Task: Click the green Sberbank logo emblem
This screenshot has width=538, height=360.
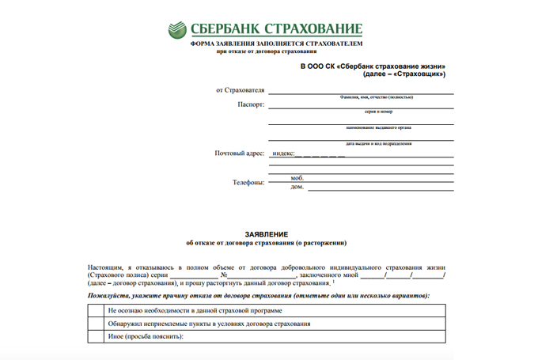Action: pyautogui.click(x=177, y=30)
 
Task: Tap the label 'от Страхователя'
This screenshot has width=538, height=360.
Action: pyautogui.click(x=240, y=90)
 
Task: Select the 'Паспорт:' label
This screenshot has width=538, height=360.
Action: pyautogui.click(x=251, y=104)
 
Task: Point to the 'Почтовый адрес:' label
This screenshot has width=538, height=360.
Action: pyautogui.click(x=239, y=153)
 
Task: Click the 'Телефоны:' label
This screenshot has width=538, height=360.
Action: pyautogui.click(x=248, y=182)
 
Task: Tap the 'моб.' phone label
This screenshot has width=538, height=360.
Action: pyautogui.click(x=297, y=178)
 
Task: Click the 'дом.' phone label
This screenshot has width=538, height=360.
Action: pyautogui.click(x=297, y=187)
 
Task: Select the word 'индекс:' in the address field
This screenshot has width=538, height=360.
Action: pyautogui.click(x=283, y=153)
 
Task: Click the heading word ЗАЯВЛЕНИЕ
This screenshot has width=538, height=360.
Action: pyautogui.click(x=266, y=234)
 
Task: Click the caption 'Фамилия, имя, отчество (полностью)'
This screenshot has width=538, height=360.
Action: pyautogui.click(x=370, y=97)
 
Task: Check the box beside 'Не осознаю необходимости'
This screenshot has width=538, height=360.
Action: pyautogui.click(x=96, y=311)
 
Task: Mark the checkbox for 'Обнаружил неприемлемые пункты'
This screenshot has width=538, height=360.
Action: pyautogui.click(x=96, y=324)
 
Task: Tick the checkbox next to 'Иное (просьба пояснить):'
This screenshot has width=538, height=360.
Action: pyautogui.click(x=96, y=337)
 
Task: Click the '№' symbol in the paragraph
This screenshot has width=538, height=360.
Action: pyautogui.click(x=225, y=275)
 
